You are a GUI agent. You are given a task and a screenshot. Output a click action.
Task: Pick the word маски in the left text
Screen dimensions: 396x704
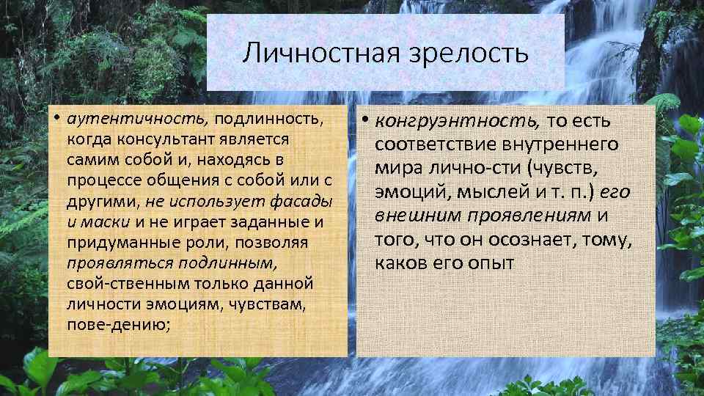(108, 221)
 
